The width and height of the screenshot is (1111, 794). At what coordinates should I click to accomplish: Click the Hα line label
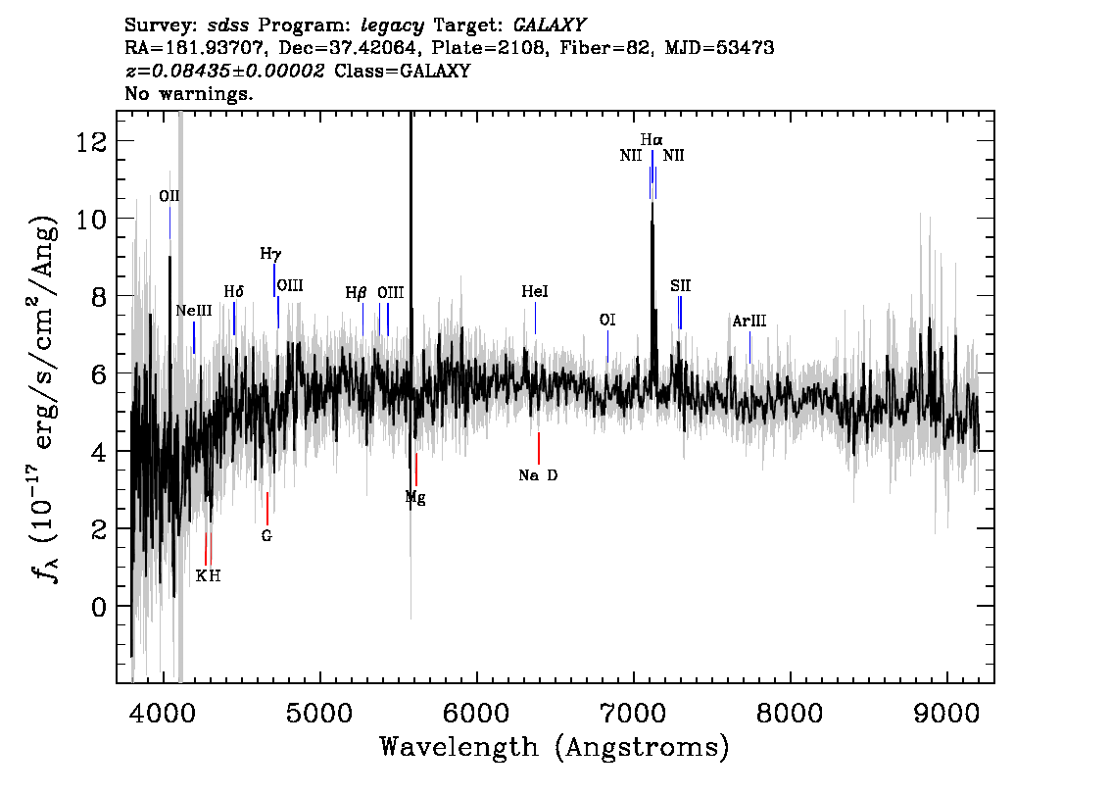coord(652,139)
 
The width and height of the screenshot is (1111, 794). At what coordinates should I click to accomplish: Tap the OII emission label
coord(169,196)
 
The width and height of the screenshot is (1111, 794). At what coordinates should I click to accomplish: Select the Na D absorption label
coord(539,475)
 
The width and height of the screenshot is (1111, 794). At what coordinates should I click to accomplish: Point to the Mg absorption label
coord(415,498)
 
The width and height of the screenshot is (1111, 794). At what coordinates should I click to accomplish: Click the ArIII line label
coord(749,321)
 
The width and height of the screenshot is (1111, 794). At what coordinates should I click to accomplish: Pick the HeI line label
coord(535,291)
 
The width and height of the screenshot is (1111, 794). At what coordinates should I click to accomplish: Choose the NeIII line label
coord(194,311)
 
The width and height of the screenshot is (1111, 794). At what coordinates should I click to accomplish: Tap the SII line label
coord(680,285)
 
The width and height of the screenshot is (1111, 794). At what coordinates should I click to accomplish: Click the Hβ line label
coord(357,293)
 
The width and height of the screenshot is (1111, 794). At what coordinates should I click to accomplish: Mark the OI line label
coord(607,320)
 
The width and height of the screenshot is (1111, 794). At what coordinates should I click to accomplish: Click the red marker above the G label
coord(267,509)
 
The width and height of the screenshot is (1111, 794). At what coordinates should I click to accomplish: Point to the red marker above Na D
coord(539,448)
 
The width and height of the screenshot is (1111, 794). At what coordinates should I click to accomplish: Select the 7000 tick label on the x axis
coord(633,714)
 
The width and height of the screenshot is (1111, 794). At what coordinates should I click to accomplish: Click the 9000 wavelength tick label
coord(945,714)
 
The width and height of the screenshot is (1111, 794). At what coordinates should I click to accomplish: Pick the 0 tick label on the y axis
coord(100,607)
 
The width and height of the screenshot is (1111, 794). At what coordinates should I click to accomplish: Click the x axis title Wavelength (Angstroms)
coord(555,747)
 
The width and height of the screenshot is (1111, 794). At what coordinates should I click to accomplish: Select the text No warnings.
coord(188,93)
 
